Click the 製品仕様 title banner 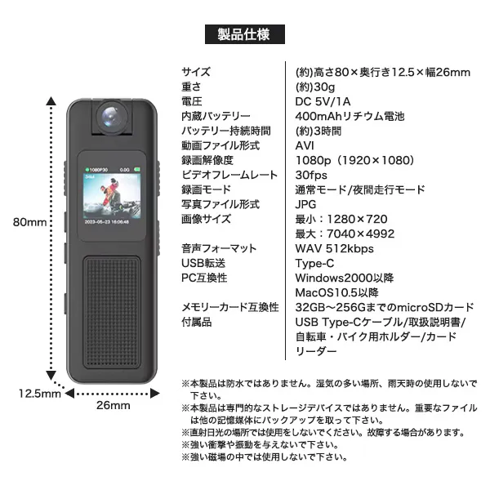pyautogui.click(x=245, y=34)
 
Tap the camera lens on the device pyautogui.click(x=112, y=117)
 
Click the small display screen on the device pyautogui.click(x=112, y=196)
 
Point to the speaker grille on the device pyautogui.click(x=112, y=313)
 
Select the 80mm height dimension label pyautogui.click(x=29, y=222)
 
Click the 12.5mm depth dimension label pyautogui.click(x=40, y=394)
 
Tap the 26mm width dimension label pyautogui.click(x=114, y=405)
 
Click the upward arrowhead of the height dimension pyautogui.click(x=51, y=101)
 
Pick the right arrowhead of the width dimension pyautogui.click(x=155, y=393)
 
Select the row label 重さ pyautogui.click(x=191, y=87)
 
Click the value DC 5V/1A pyautogui.click(x=323, y=101)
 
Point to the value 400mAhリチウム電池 pyautogui.click(x=350, y=116)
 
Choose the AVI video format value pyautogui.click(x=305, y=145)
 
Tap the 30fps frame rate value pyautogui.click(x=311, y=175)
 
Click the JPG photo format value pyautogui.click(x=305, y=204)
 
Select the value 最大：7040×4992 pyautogui.click(x=345, y=234)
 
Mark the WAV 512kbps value pyautogui.click(x=334, y=249)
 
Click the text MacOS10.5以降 pyautogui.click(x=336, y=293)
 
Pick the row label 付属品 pyautogui.click(x=197, y=323)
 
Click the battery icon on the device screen pyautogui.click(x=137, y=169)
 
